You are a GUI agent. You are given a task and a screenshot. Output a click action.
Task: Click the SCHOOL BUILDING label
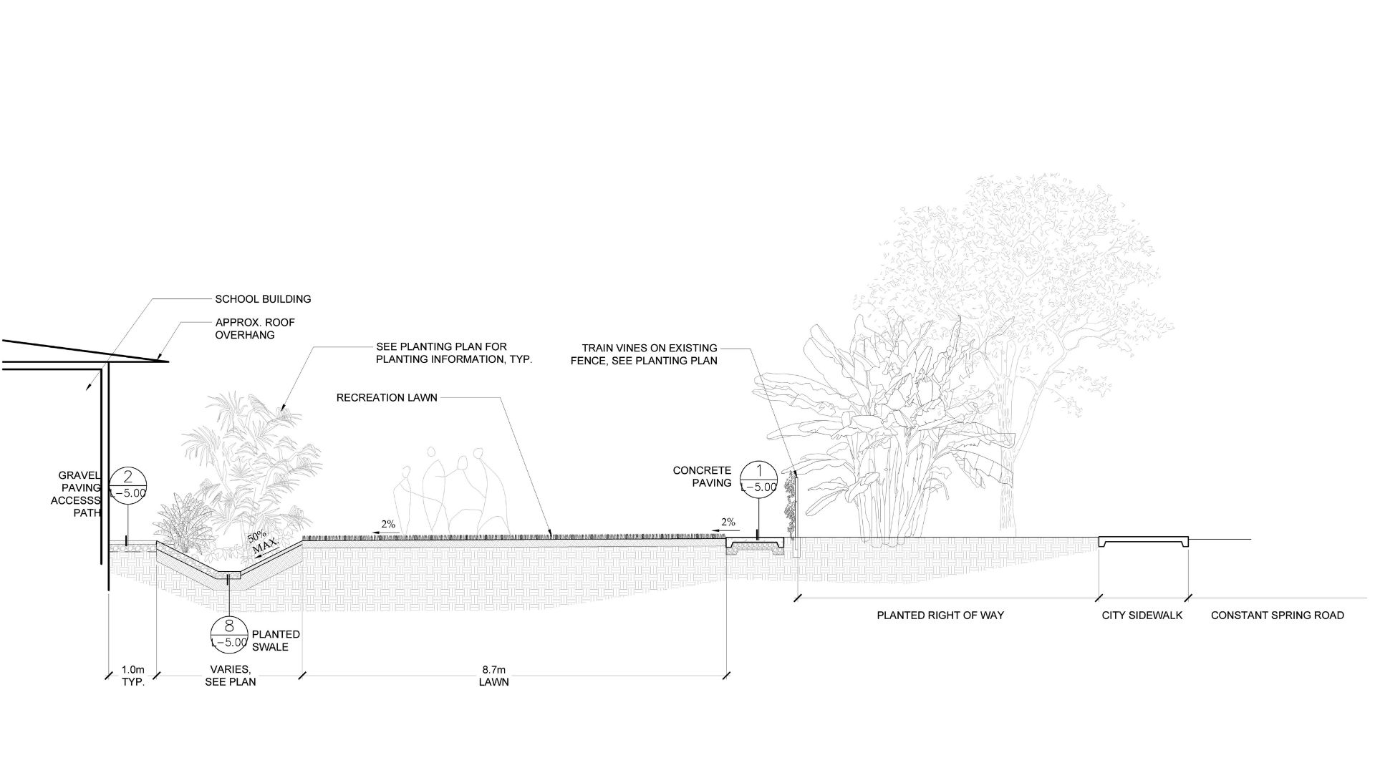coord(263,299)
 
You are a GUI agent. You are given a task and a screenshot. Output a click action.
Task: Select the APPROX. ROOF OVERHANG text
coord(254,329)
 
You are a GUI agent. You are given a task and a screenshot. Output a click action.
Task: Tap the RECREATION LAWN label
coord(387,397)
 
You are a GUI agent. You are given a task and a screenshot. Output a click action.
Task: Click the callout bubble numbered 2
coord(128,485)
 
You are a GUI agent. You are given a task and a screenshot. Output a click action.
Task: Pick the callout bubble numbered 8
coord(229,634)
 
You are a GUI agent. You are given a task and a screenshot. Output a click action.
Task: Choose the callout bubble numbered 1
coord(758,479)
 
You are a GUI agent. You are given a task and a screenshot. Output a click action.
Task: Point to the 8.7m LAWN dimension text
coord(494,676)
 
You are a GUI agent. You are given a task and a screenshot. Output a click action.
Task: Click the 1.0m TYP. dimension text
coord(133,676)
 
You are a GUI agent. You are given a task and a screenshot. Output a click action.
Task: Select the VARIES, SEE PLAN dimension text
coord(230,676)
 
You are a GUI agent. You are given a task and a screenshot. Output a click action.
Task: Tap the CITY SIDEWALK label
coord(1142,615)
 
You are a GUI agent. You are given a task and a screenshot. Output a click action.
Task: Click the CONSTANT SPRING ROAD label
coord(1277,615)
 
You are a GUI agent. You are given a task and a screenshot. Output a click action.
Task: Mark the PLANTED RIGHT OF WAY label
coord(940,615)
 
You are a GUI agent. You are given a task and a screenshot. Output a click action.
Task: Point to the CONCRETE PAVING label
coord(702,477)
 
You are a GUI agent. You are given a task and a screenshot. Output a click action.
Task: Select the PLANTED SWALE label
coord(276,641)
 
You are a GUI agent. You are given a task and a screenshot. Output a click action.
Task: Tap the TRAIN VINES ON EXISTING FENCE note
coord(644,354)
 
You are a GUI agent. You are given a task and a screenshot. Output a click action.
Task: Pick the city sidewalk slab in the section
coord(1143,541)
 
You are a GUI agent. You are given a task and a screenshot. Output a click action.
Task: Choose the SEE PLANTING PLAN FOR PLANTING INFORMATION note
coord(454,353)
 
